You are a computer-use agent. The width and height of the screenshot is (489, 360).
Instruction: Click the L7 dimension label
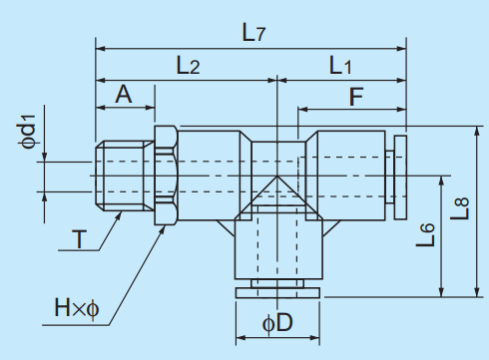[x=253, y=33]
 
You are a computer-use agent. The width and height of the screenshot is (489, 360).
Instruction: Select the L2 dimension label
[x=188, y=65]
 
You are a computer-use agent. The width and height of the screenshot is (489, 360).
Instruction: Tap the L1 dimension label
[x=340, y=65]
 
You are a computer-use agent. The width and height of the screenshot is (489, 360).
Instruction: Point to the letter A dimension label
[x=124, y=95]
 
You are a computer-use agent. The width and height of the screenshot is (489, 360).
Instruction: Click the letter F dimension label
[x=356, y=97]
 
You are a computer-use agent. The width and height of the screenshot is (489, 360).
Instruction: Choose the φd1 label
[x=28, y=132]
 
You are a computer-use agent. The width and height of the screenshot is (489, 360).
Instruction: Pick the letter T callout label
[x=79, y=239]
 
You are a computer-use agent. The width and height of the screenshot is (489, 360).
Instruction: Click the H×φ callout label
[x=77, y=308]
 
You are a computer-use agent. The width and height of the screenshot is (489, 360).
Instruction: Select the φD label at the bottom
[x=277, y=322]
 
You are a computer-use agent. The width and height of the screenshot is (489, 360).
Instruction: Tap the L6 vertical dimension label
[x=425, y=234]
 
